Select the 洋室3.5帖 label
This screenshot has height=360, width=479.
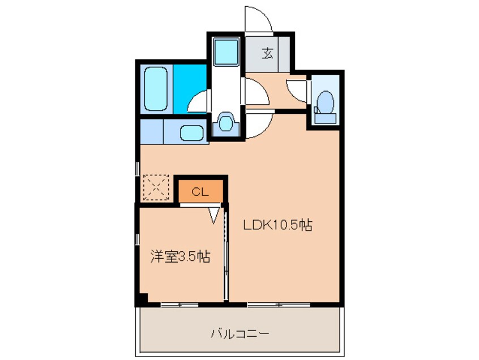click(180, 257)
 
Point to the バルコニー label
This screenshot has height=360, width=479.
click(240, 333)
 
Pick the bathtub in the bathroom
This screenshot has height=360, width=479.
click(156, 89)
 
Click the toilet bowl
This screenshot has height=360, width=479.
click(325, 102)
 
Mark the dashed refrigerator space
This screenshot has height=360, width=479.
click(156, 186)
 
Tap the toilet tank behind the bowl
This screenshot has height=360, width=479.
click(326, 118)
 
